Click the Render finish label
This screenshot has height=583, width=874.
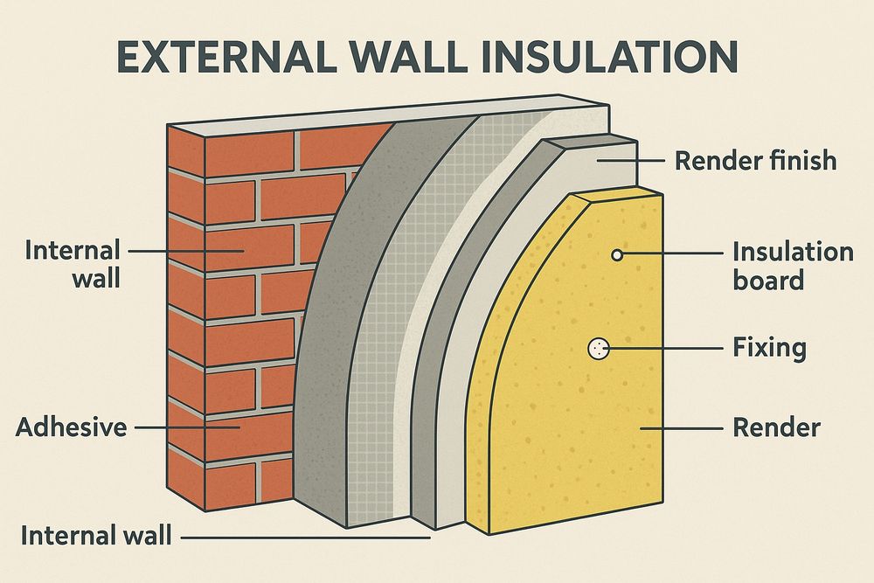pos(755,161)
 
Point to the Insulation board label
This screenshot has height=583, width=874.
pos(793,266)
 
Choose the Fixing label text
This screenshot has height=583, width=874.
pos(769,349)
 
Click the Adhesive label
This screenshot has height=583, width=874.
pos(72,427)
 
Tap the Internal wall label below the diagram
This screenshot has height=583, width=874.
pos(96,536)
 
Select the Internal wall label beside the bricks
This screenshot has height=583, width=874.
pos(73,264)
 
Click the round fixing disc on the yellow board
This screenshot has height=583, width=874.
pos(599,349)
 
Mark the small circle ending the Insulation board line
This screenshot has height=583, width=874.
pos(616,255)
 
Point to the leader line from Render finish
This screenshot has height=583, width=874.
pos(631,161)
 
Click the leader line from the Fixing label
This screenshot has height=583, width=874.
pos(665,350)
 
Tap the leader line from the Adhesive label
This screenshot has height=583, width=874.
pos(188,428)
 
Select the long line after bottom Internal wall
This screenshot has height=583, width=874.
pos(305,538)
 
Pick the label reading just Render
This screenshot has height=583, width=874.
pos(776,428)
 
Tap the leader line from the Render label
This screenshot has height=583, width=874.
pos(681,428)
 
